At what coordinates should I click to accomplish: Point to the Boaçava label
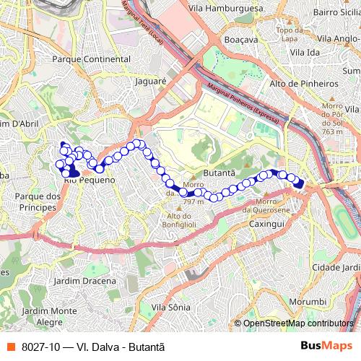[x=240, y=40]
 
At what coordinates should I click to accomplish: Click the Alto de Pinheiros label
[x=303, y=84]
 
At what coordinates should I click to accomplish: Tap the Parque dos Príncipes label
[x=35, y=201]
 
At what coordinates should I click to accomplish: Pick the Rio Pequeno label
[x=90, y=180]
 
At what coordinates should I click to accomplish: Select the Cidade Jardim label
[x=335, y=267]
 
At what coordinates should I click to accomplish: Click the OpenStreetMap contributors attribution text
[x=298, y=323]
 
